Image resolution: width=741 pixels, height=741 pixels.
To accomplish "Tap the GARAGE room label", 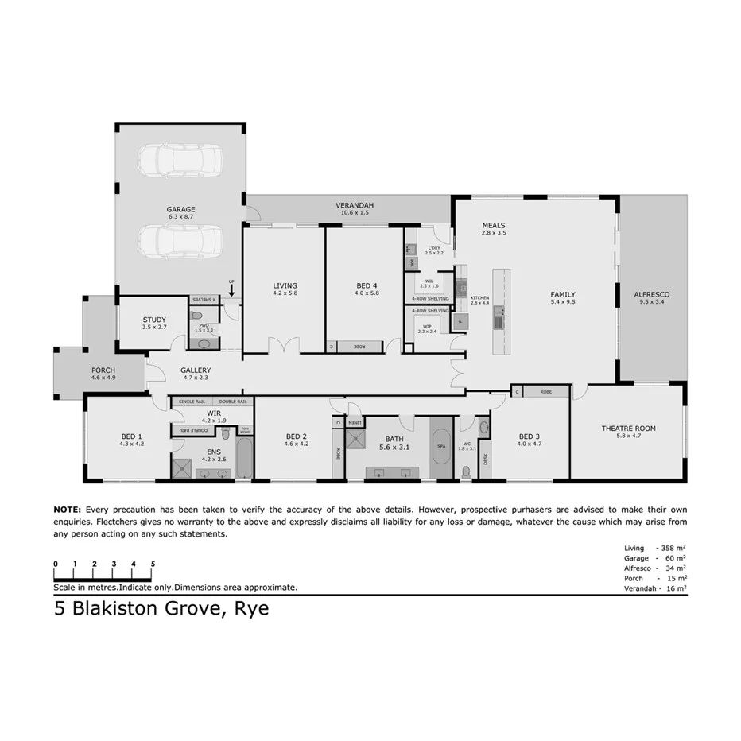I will coord(180,210).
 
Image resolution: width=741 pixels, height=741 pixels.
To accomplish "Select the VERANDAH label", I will coord(354,205).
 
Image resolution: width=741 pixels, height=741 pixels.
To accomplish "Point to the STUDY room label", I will coord(154,320).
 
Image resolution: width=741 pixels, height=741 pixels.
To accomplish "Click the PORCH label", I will coord(103,370).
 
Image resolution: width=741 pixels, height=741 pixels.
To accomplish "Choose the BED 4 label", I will coord(367,285).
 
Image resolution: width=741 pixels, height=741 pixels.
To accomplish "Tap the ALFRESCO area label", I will coord(651,294).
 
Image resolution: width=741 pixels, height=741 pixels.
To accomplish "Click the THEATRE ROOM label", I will coord(628,429).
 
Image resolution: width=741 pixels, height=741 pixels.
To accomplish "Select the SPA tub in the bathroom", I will coord(440,447).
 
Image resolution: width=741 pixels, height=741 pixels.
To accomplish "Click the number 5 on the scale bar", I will coord(152,564).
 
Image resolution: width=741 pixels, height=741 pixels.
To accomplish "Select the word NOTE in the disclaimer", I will coord(67,509).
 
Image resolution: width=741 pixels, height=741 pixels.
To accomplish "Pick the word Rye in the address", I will coord(251,610).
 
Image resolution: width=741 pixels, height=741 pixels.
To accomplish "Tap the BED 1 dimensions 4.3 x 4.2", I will coord(132,444).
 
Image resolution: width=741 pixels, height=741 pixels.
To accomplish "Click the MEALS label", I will coord(493,225).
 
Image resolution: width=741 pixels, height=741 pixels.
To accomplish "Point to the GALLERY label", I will coord(196,370).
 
